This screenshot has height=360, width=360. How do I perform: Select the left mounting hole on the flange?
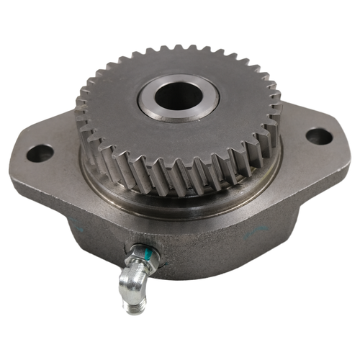point(40,153)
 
